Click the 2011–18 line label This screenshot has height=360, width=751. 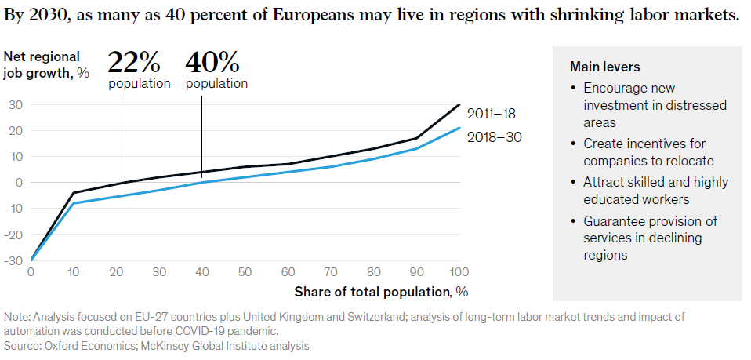point(492,113)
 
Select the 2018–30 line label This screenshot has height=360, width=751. point(493,137)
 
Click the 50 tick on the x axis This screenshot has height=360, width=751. point(245,271)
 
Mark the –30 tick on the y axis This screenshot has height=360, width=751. point(13,260)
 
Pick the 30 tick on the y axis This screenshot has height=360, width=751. point(15,104)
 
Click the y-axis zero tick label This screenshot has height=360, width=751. point(18,183)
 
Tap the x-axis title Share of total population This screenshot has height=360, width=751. point(381,293)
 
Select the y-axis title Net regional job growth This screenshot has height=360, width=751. point(45,64)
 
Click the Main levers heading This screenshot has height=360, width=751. point(605,67)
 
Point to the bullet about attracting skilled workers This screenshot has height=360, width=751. point(655,191)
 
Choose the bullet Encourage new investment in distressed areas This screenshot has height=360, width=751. point(655,105)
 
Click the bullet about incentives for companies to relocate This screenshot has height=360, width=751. point(648,152)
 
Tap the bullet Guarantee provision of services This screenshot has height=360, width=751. point(650,238)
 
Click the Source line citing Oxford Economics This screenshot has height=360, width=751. point(157,345)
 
